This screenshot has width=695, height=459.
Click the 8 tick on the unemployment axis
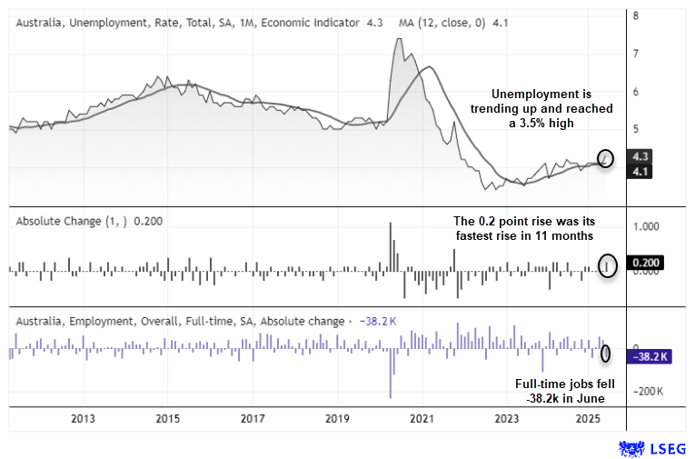tap(636, 15)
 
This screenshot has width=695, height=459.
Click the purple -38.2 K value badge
tap(650, 356)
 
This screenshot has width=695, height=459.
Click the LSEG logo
tap(652, 448)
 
